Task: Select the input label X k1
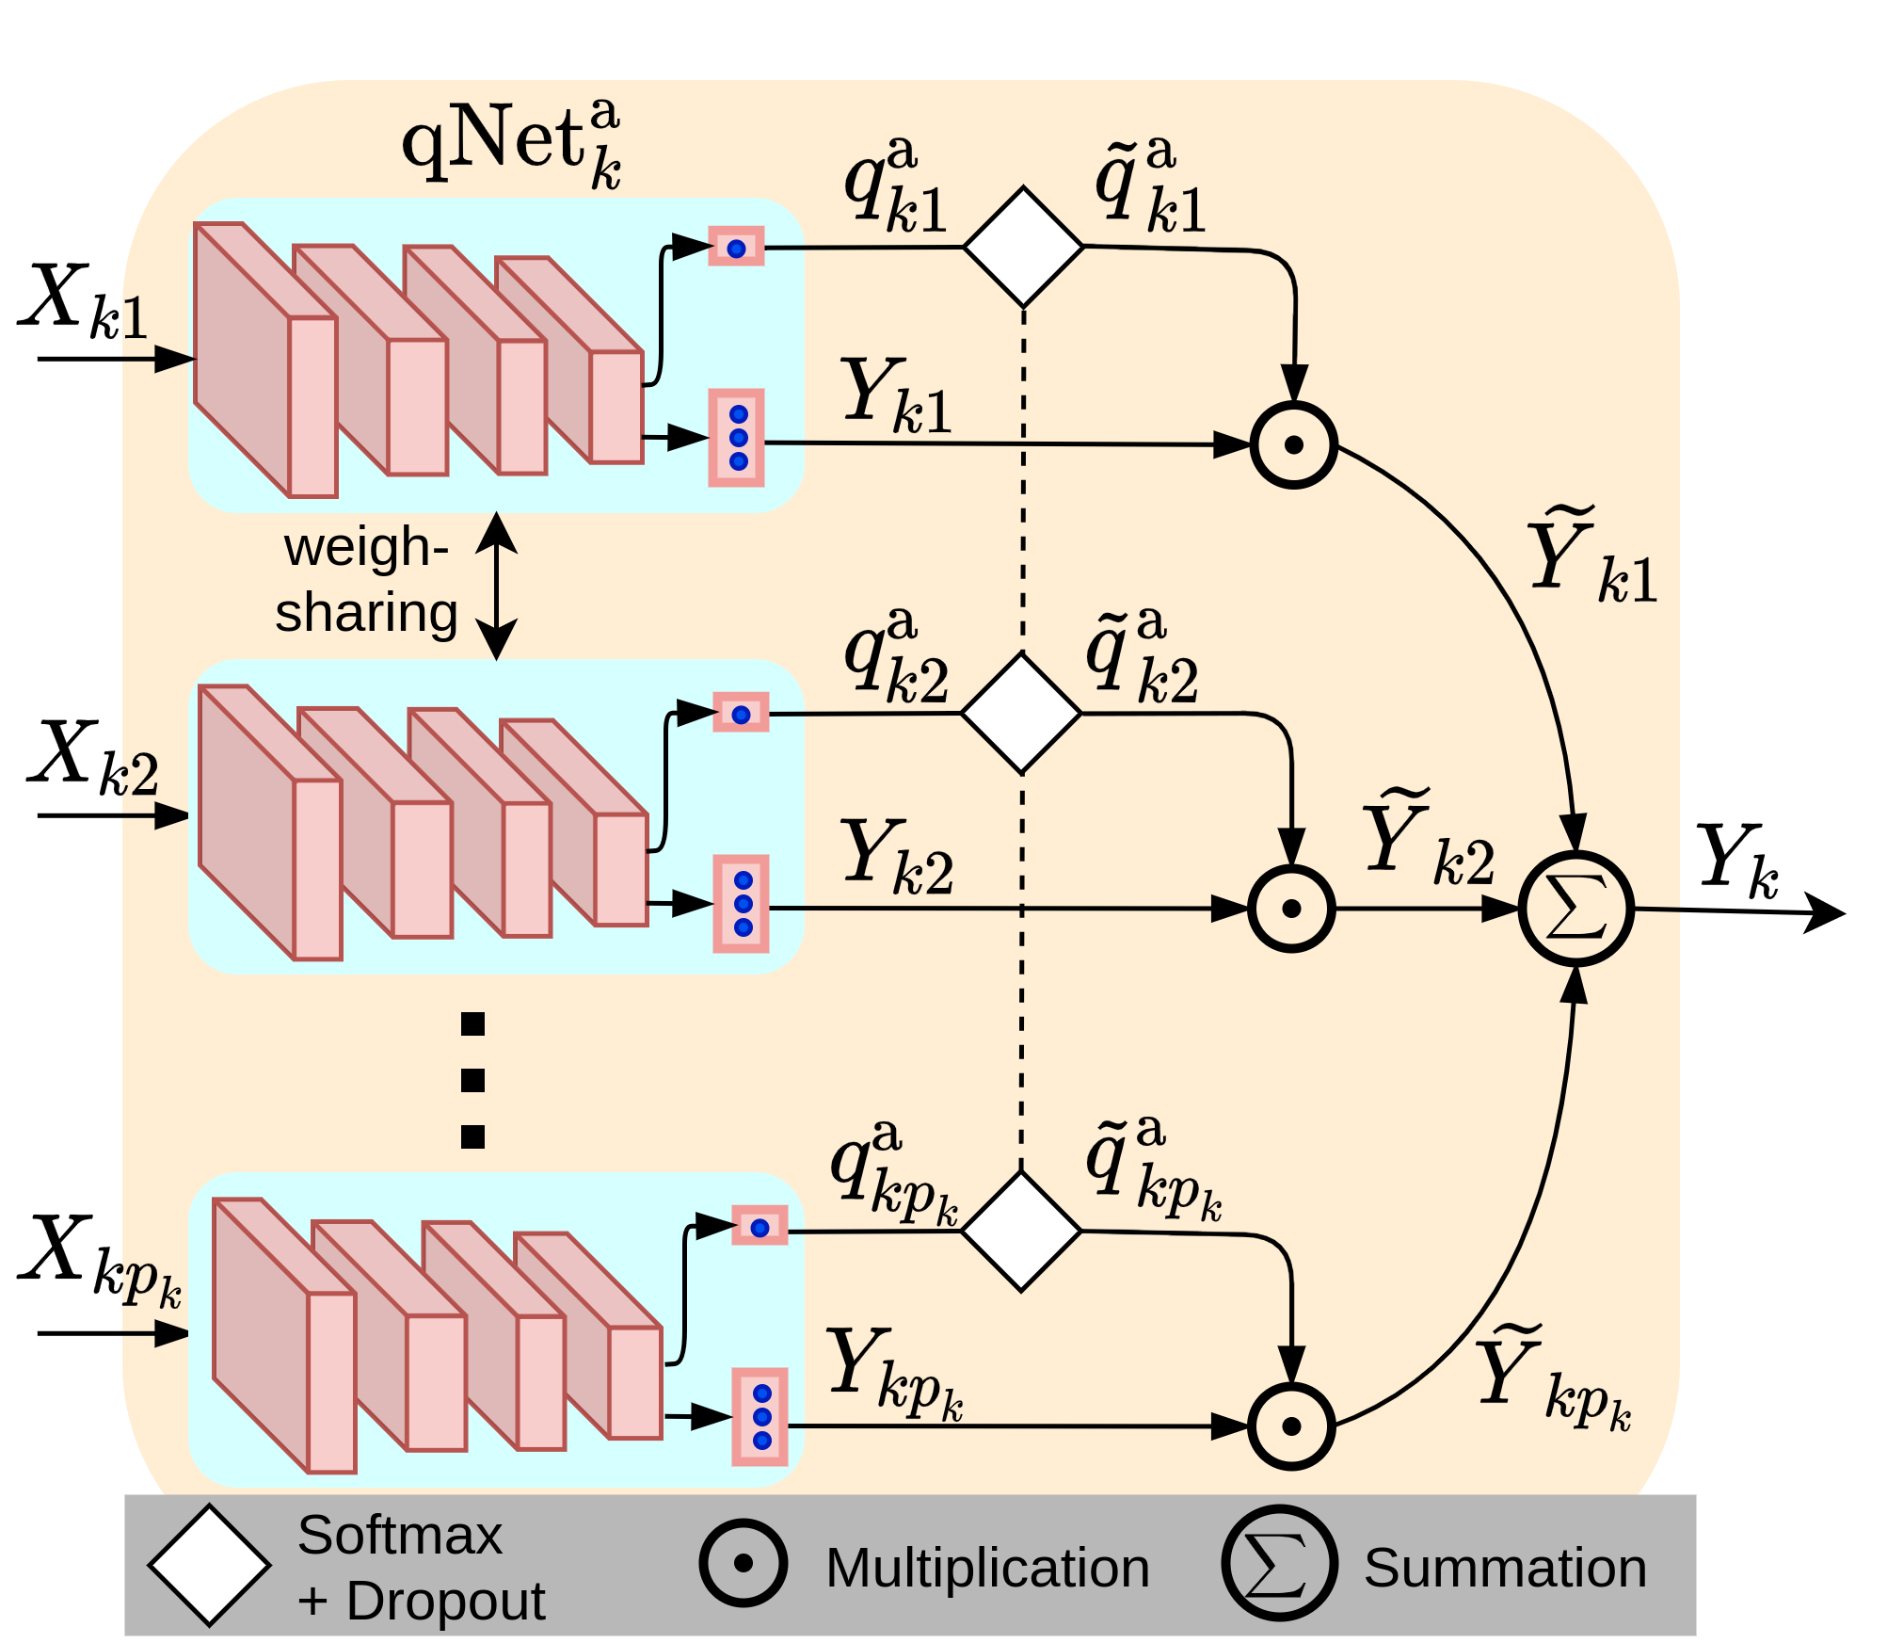85,301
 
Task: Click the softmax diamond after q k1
1023,247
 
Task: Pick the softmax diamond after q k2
1021,714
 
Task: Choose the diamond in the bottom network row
1021,1231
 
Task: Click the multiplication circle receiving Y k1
1294,444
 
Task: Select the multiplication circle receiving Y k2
1291,909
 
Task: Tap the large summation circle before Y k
1576,909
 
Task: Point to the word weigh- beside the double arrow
366,548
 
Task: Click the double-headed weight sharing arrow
496,586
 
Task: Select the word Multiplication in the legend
987,1568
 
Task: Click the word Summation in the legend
1505,1568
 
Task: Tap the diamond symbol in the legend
209,1566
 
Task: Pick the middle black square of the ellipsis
472,1080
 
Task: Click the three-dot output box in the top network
736,438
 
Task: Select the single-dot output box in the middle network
741,713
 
